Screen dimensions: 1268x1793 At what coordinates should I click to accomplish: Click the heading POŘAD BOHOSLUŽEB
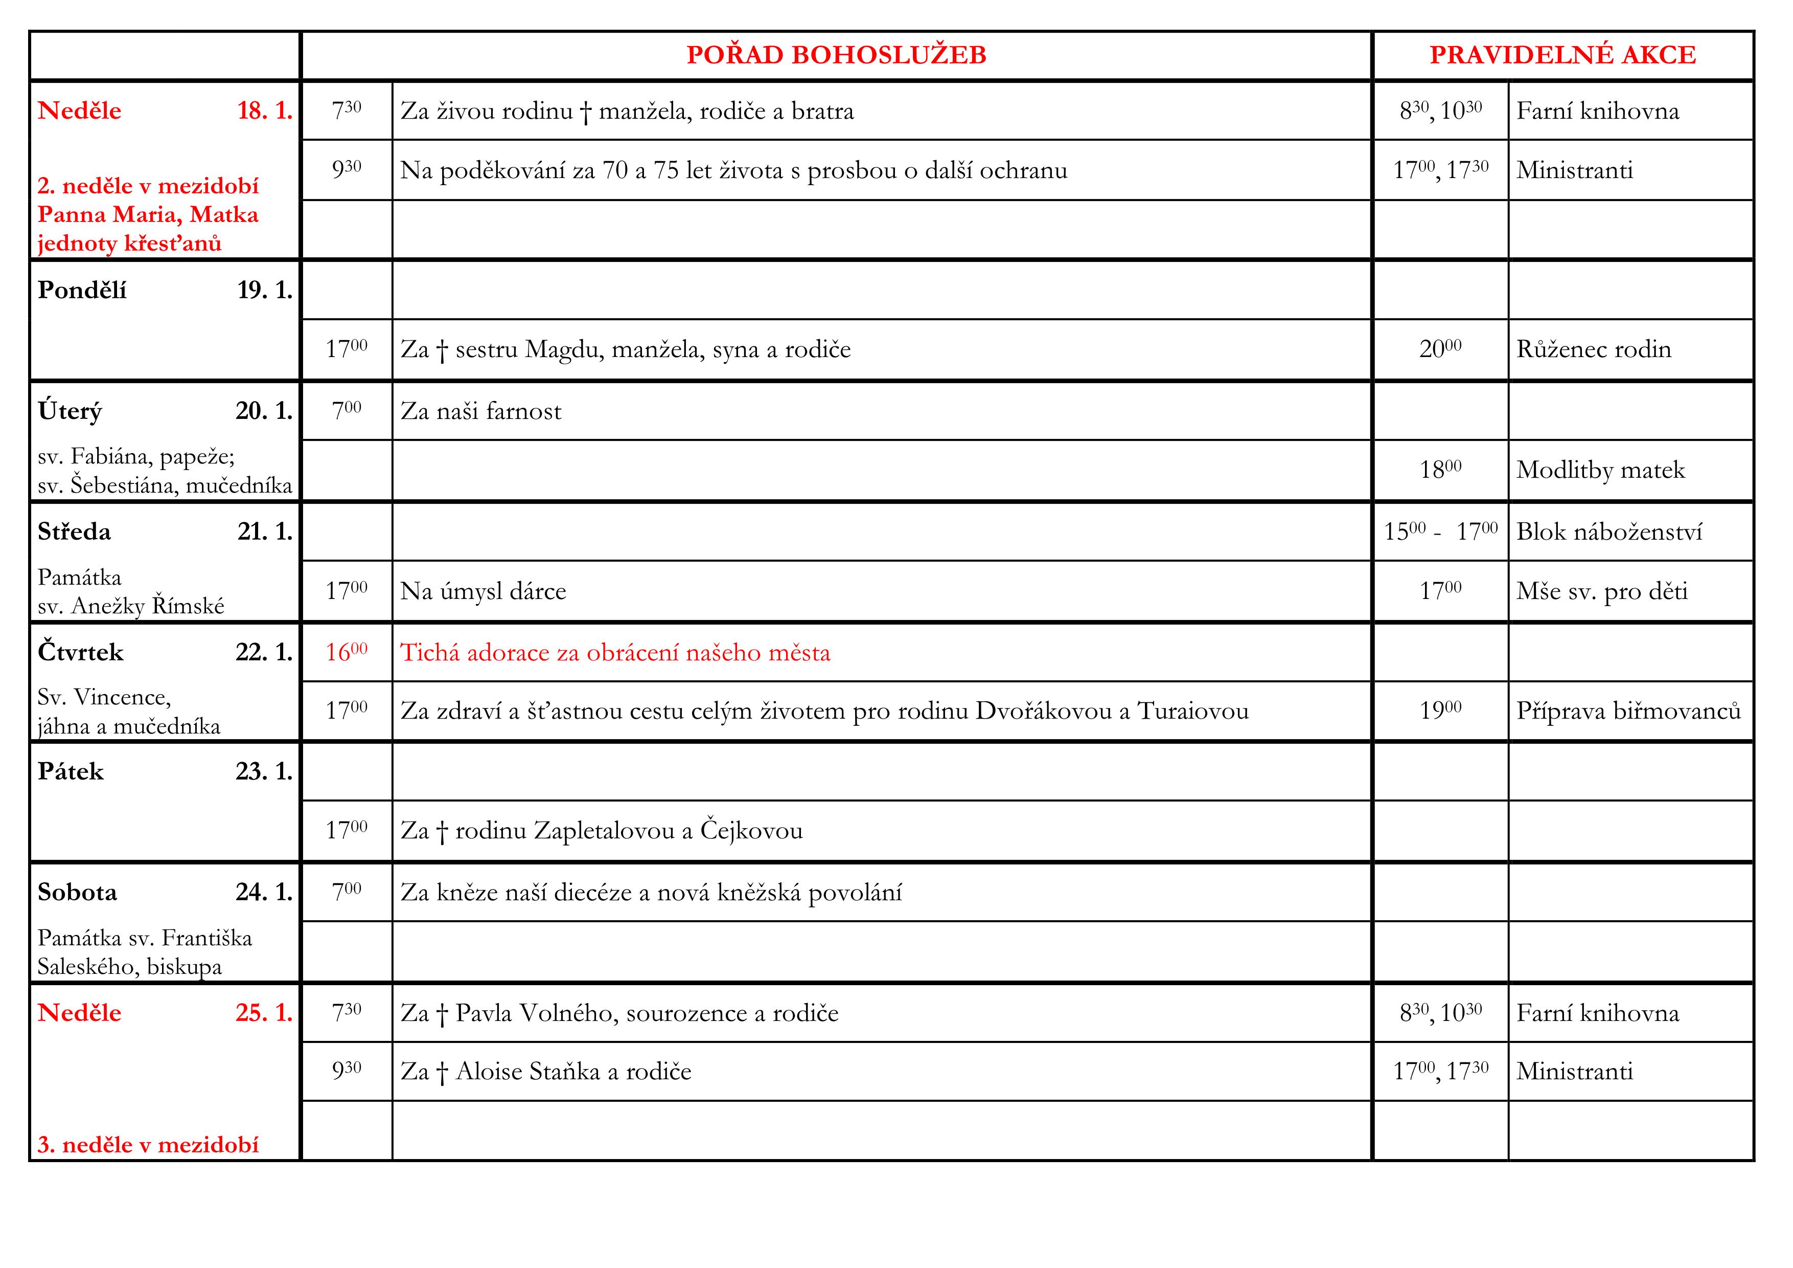coord(836,55)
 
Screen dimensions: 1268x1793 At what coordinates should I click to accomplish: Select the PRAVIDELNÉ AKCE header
coord(1562,55)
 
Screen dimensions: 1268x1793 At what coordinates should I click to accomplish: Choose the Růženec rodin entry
coord(1593,349)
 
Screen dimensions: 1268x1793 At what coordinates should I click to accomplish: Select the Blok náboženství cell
coord(1608,532)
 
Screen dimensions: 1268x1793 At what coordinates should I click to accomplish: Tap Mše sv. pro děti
coord(1602,591)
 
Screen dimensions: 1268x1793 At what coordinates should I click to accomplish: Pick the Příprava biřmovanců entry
coord(1628,711)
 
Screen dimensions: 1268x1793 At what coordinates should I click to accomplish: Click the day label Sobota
coord(77,892)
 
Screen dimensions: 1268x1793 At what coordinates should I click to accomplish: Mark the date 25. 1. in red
coord(264,1013)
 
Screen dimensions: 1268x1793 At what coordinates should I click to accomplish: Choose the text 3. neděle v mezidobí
coord(148,1145)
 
